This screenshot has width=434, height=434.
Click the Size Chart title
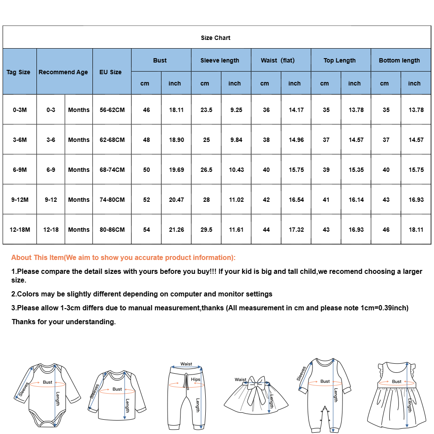click(216, 38)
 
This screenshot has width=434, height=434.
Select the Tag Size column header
click(18, 72)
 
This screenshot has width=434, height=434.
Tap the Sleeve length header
click(220, 60)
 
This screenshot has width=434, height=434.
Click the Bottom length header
click(399, 60)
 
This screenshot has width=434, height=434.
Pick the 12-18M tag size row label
click(20, 230)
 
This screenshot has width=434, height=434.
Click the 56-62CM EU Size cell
click(112, 110)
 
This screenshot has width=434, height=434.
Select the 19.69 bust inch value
click(176, 170)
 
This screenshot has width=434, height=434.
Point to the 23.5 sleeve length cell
click(207, 110)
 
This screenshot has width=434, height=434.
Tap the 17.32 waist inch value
click(296, 230)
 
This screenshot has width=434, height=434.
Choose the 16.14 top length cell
click(356, 200)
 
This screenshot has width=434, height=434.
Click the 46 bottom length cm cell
click(386, 230)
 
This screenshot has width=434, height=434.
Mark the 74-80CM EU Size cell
click(112, 200)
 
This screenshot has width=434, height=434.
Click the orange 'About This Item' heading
click(123, 257)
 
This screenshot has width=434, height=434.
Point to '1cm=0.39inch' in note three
click(385, 308)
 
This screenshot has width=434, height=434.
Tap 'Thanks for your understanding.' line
click(64, 322)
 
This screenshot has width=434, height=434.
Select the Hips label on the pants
click(196, 379)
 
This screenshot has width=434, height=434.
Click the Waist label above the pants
click(186, 364)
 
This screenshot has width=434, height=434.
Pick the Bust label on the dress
click(397, 381)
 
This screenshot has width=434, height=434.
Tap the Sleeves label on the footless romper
click(302, 374)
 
